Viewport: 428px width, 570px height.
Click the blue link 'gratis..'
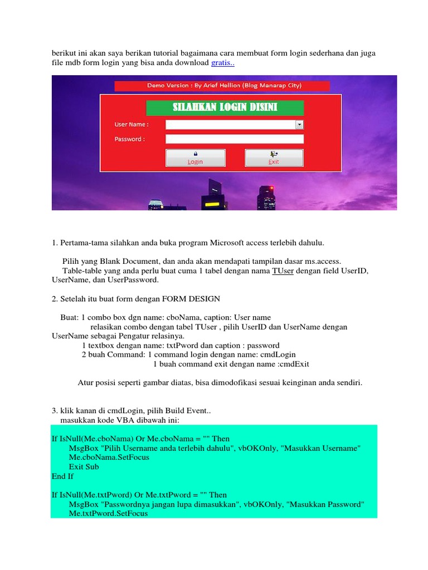223,63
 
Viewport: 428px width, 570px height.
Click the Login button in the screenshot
195,158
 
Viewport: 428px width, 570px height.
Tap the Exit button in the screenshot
274,158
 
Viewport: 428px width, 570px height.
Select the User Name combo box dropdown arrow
299,125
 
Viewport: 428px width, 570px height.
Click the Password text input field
234,139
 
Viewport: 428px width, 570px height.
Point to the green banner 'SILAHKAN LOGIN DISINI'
225,107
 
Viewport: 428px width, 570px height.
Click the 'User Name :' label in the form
132,125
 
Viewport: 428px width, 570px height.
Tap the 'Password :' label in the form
130,139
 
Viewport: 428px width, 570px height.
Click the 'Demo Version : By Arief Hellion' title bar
222,86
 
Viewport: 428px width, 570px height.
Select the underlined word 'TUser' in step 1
283,271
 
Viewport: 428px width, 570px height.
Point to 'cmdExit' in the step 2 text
293,364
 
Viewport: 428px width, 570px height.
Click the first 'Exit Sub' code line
84,466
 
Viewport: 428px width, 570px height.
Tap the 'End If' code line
62,476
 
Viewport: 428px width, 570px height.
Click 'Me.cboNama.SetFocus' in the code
109,457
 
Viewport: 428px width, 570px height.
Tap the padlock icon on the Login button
195,153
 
